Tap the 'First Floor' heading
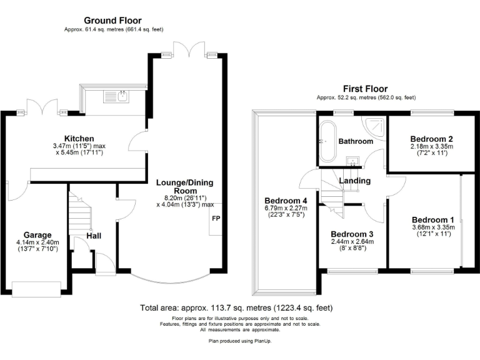[x=365, y=89]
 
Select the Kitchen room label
[x=79, y=138]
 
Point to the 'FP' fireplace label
[x=216, y=219]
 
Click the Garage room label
[x=37, y=235]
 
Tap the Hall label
[x=94, y=236]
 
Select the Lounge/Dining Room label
[x=184, y=187]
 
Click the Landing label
[x=354, y=181]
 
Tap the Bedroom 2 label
[x=431, y=139]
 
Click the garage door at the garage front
[x=36, y=288]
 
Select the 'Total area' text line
[x=236, y=308]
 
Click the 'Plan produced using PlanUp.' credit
[x=240, y=341]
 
